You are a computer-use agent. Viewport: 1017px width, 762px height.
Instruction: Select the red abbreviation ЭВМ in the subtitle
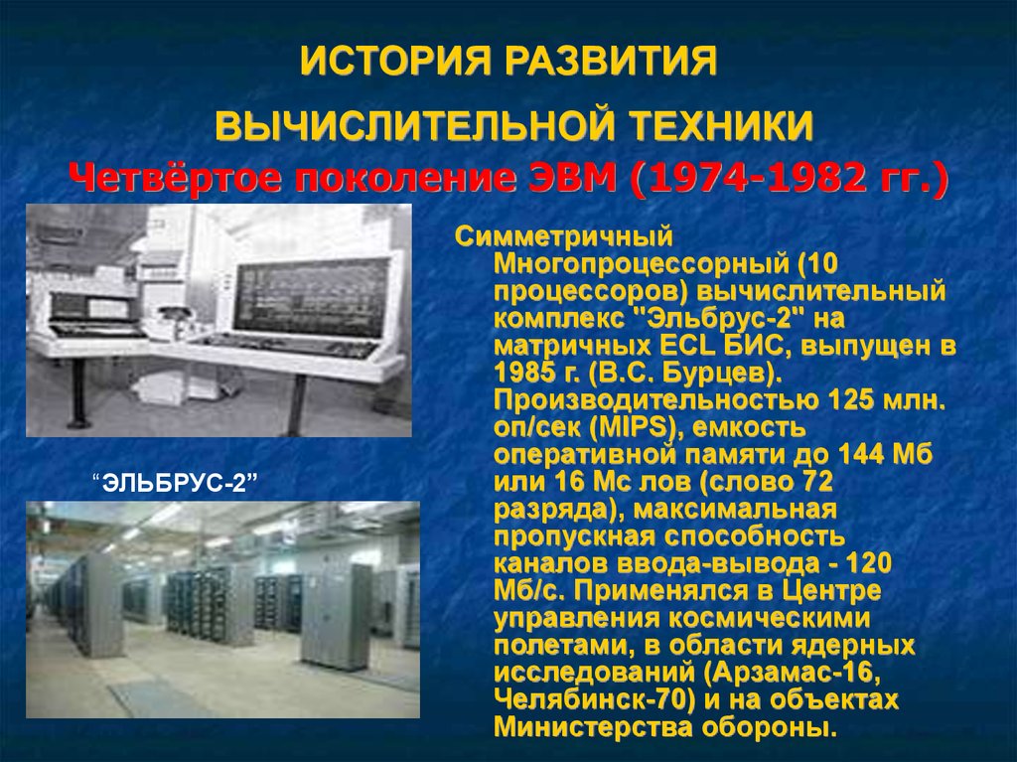[x=573, y=177]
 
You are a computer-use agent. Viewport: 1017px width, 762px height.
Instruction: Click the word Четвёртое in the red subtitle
[x=175, y=178]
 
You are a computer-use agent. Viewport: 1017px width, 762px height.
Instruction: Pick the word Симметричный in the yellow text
[x=564, y=236]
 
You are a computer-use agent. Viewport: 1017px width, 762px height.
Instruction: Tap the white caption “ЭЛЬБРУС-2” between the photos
[x=175, y=483]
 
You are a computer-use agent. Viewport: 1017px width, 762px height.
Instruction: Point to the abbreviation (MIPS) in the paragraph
[x=639, y=428]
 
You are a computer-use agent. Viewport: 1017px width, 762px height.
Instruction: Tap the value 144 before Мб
[x=861, y=454]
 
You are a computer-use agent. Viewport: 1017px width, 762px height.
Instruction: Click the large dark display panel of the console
[x=313, y=297]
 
